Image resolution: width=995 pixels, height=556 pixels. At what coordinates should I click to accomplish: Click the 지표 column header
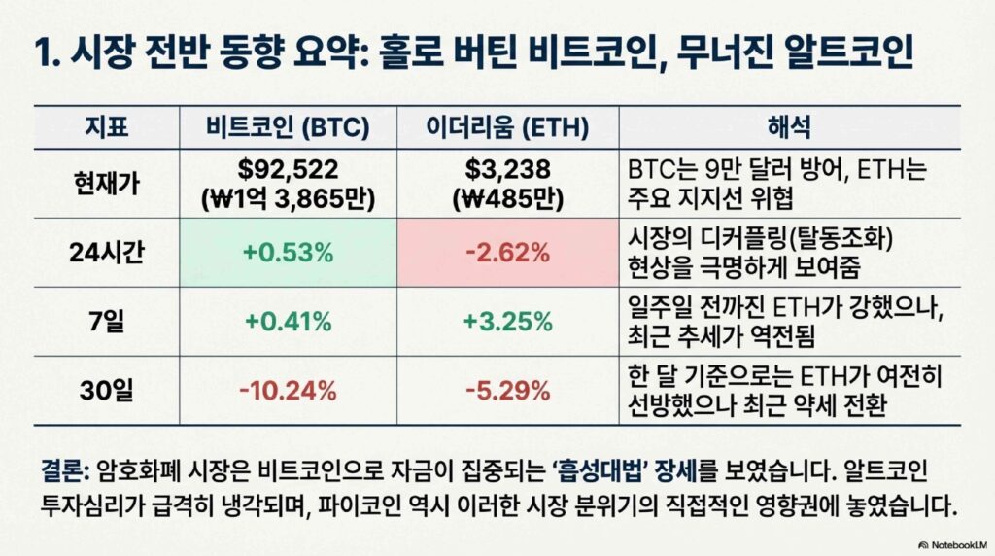[x=107, y=127]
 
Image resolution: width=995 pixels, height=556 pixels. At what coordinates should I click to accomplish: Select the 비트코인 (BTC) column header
[x=288, y=127]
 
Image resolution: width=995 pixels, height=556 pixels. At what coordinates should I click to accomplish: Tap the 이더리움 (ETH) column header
[x=507, y=127]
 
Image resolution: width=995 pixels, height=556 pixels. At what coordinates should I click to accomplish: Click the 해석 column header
[x=789, y=127]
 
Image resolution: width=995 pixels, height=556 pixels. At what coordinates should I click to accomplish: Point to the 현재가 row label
[x=107, y=184]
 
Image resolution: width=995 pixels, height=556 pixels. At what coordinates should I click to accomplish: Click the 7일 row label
[x=107, y=321]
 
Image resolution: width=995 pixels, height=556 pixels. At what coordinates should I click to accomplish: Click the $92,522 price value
[x=288, y=169]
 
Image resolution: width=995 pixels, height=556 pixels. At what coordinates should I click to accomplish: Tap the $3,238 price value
[x=507, y=169]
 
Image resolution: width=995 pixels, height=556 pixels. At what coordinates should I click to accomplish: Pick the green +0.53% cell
[x=288, y=253]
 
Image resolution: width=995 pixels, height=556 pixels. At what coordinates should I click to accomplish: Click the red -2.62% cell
[x=507, y=253]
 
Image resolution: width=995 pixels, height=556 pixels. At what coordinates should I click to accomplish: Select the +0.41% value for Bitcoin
[x=288, y=321]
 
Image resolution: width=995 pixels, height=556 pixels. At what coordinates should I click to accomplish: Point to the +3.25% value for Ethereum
[x=507, y=321]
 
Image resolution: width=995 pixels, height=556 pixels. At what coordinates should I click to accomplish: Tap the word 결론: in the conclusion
[x=65, y=471]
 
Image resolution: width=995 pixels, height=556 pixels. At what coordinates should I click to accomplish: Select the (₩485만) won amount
[x=507, y=199]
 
